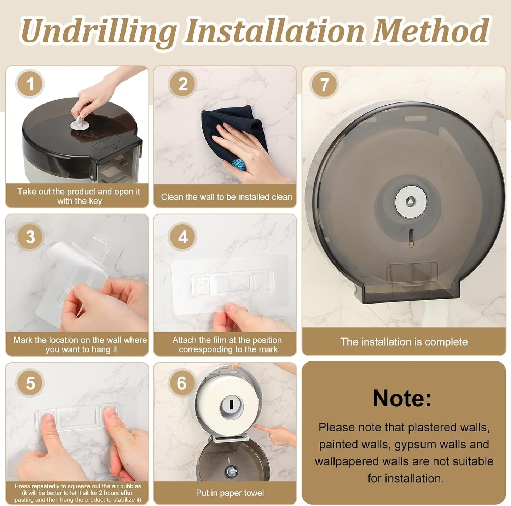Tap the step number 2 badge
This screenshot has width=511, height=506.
tap(183, 84)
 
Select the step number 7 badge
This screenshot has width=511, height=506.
tap(324, 85)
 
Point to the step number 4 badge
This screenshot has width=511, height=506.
tap(183, 237)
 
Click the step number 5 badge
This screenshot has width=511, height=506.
tap(30, 383)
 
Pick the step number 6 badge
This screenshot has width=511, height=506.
tap(182, 383)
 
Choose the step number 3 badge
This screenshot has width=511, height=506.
tap(30, 237)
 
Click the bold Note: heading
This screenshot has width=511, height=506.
tap(402, 398)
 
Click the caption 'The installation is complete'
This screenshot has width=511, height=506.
tap(404, 342)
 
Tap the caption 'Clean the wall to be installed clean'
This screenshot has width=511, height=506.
tap(226, 197)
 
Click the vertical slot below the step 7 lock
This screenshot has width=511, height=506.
tap(411, 238)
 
